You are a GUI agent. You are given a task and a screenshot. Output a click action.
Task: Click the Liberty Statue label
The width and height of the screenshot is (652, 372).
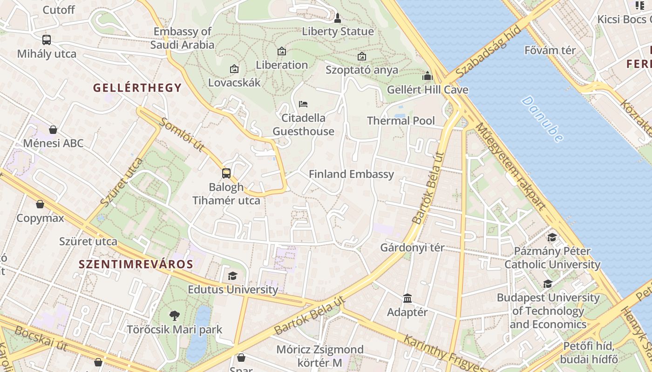click(338, 32)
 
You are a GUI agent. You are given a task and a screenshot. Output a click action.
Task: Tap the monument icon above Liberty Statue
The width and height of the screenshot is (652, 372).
click(338, 18)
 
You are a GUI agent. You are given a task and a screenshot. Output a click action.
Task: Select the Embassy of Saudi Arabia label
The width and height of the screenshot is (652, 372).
click(182, 38)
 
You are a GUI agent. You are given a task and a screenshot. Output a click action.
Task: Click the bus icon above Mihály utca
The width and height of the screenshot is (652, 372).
click(47, 40)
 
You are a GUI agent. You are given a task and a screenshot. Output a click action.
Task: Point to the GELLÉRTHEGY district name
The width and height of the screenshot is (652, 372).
click(137, 87)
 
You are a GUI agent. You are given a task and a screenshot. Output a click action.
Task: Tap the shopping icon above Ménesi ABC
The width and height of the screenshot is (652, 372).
click(53, 130)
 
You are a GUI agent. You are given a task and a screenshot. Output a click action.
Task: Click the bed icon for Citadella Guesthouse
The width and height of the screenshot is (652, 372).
click(303, 104)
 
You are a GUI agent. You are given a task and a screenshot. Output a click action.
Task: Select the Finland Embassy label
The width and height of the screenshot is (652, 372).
click(351, 174)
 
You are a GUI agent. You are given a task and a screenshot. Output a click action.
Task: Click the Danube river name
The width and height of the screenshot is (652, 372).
click(543, 119)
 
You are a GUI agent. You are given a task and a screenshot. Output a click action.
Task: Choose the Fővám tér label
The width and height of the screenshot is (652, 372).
click(550, 50)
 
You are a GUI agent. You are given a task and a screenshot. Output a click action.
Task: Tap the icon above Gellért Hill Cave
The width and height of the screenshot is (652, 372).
click(428, 76)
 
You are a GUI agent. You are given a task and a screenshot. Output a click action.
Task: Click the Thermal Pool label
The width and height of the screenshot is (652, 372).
click(401, 121)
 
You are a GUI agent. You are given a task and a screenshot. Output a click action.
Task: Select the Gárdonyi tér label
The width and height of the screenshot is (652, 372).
click(412, 247)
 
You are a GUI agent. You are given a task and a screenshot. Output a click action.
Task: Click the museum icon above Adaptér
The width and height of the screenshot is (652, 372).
click(407, 298)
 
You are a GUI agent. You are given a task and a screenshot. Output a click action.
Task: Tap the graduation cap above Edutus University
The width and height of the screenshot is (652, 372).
click(232, 276)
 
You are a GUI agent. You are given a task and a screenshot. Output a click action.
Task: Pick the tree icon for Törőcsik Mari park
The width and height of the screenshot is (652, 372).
click(175, 316)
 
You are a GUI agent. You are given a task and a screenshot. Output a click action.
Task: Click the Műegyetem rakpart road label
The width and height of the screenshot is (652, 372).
click(509, 167)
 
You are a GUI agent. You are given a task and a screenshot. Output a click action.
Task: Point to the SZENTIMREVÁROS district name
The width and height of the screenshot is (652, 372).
click(136, 265)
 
